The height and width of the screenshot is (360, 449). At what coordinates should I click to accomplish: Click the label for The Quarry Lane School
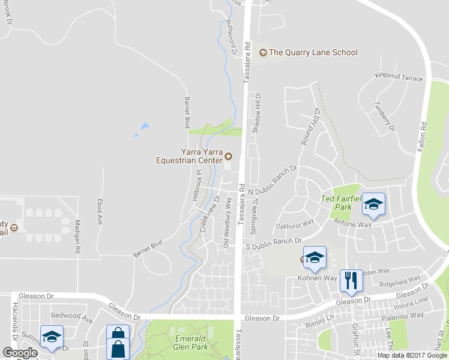tap(313, 52)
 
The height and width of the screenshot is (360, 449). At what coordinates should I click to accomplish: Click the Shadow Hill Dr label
tap(256, 112)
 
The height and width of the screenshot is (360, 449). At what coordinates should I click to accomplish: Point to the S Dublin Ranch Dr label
tap(273, 241)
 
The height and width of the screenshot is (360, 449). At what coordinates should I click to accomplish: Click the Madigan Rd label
tap(77, 236)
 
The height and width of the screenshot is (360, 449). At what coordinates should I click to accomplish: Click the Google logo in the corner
tap(20, 353)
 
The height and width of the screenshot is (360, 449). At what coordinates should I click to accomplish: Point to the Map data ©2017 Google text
tap(412, 355)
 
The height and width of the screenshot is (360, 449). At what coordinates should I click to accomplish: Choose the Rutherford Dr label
tap(230, 38)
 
